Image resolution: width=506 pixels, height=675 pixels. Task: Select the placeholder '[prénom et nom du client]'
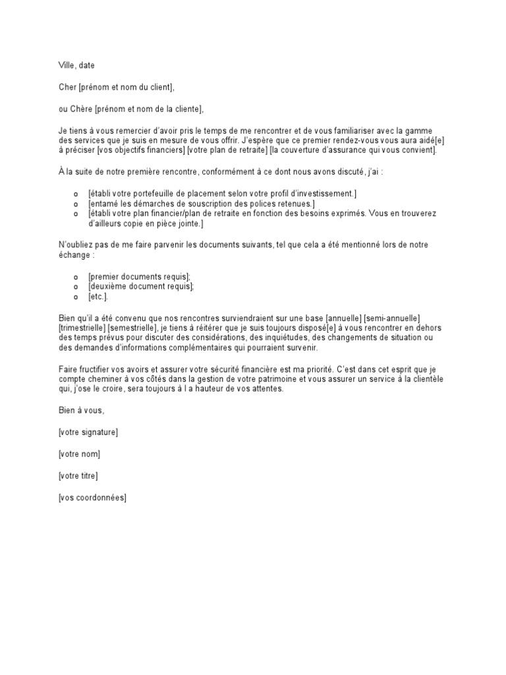[x=127, y=87]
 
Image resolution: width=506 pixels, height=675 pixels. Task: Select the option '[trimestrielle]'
[x=82, y=328]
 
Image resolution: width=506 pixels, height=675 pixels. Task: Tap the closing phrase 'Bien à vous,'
[x=81, y=411]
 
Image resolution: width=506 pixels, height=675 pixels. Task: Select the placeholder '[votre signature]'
[x=88, y=432]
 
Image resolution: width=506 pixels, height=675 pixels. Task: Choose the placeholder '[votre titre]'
[x=78, y=475]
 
